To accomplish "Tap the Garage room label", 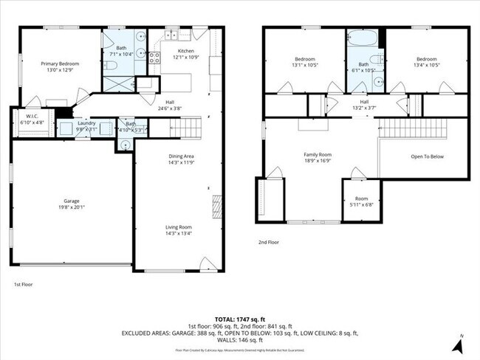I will tap(72, 204).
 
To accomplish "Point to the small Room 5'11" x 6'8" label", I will tap(360, 202).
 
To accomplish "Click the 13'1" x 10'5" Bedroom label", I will tap(305, 62).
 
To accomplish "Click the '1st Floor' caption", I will tap(23, 284).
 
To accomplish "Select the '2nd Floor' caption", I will tap(268, 242).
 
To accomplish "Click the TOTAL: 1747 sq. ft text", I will tap(240, 318).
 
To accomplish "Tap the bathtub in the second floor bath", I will tap(365, 37).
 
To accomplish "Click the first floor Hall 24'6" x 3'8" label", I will tap(169, 105).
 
